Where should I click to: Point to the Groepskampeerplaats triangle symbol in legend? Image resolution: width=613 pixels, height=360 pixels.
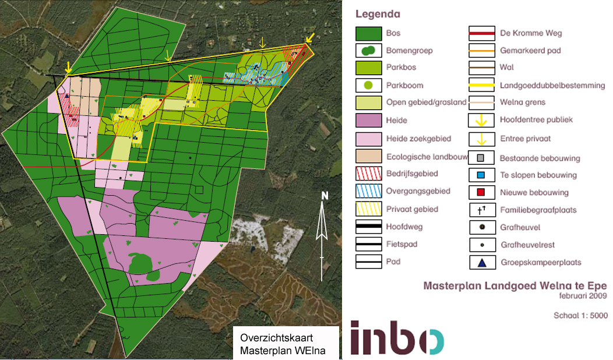pos(481,263)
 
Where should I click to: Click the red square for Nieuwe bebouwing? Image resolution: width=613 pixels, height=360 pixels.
pos(481,192)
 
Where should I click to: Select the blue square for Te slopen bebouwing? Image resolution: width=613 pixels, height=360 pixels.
pos(481,175)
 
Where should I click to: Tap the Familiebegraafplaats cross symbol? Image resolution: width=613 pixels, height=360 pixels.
pos(481,210)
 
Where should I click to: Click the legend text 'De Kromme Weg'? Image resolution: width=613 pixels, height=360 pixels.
pos(531,33)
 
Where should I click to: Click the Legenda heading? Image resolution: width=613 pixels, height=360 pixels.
pos(378,14)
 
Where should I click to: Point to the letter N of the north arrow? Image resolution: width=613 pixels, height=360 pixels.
pos(325,196)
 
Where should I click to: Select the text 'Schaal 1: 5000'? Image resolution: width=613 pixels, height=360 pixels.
pos(580,316)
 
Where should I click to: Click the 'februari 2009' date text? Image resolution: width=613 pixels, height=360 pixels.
pos(583,295)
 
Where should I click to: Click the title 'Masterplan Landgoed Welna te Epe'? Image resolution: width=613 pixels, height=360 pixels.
pos(515,286)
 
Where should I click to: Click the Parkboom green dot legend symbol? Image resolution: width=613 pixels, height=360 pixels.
pos(368,86)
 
